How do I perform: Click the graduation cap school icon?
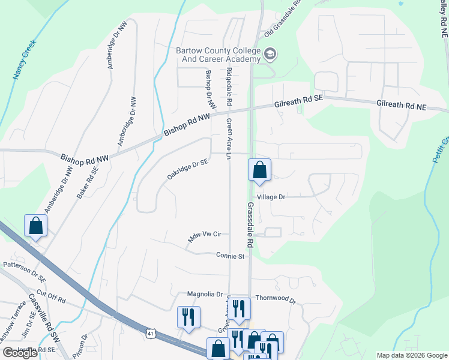[270, 55]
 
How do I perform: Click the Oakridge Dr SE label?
[188, 169]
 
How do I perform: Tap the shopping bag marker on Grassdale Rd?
[259, 170]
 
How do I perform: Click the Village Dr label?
[271, 196]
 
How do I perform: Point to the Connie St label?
[231, 256]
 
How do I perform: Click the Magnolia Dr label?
[205, 294]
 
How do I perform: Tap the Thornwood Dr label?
[276, 298]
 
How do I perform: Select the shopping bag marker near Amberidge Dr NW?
[36, 226]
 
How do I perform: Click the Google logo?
[20, 353]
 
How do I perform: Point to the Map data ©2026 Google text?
[411, 355]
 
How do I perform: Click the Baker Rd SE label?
[86, 183]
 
